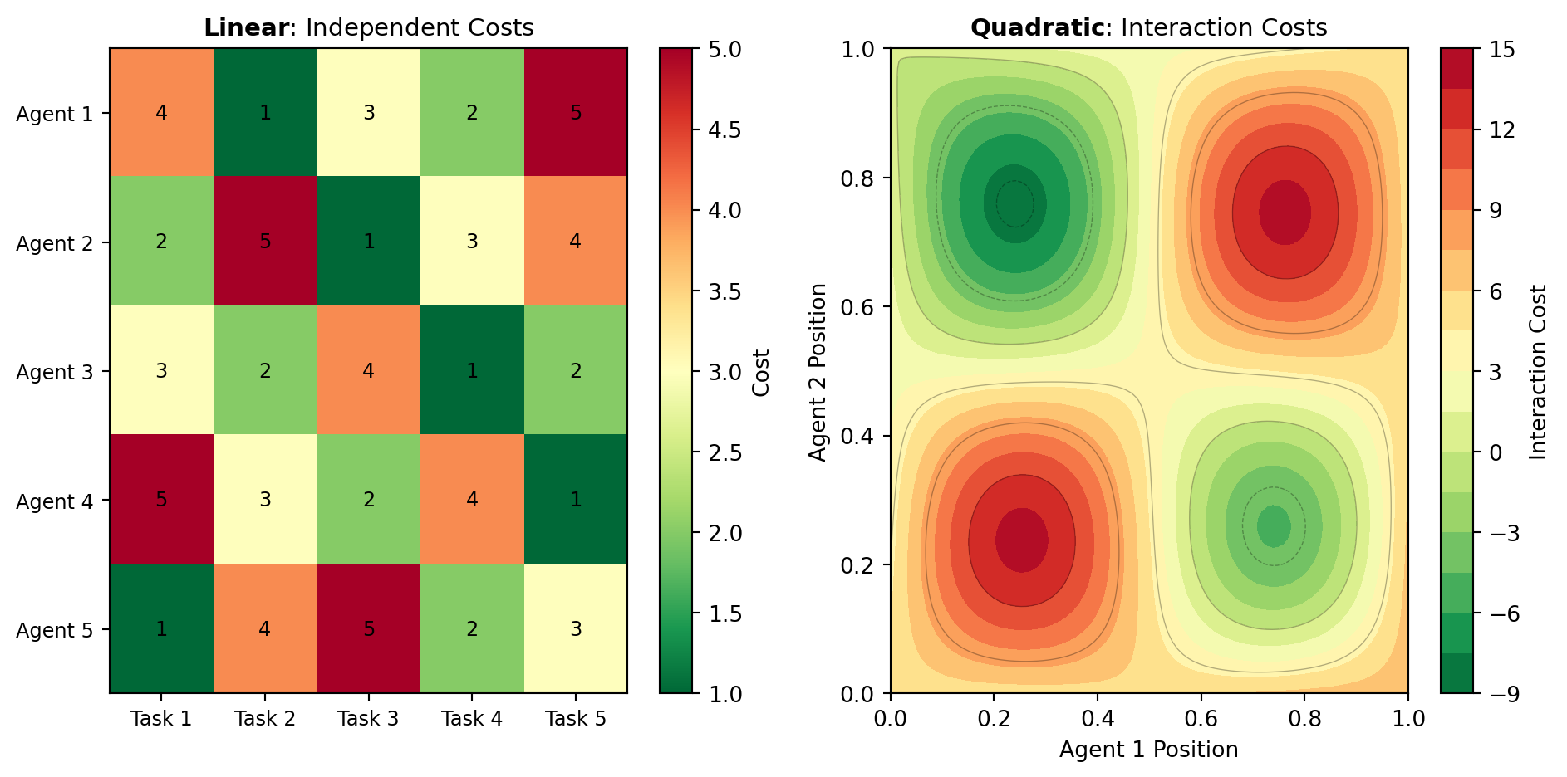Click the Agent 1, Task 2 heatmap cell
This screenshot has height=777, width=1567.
pyautogui.click(x=265, y=113)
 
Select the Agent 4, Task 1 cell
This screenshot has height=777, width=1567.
pyautogui.click(x=161, y=500)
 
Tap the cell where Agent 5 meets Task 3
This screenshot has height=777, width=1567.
pyautogui.click(x=368, y=628)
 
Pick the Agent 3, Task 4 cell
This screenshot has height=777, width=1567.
pyautogui.click(x=472, y=370)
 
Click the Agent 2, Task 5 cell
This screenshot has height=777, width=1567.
pyautogui.click(x=575, y=242)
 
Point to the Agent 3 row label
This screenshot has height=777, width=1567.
pyautogui.click(x=55, y=372)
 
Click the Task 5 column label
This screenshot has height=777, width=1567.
pyautogui.click(x=575, y=719)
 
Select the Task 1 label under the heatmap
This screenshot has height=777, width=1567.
pyautogui.click(x=161, y=719)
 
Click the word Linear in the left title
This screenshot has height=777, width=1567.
pyautogui.click(x=246, y=28)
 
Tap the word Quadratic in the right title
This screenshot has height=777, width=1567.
pyautogui.click(x=1037, y=28)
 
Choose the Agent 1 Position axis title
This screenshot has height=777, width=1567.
pyautogui.click(x=1148, y=750)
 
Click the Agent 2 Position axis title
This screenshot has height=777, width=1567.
pyautogui.click(x=818, y=372)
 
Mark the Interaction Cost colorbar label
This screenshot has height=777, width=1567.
pyautogui.click(x=1538, y=372)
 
